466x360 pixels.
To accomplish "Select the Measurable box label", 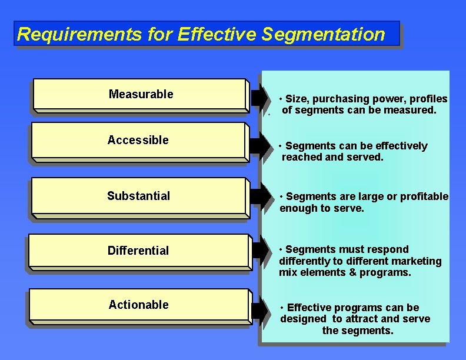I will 141,94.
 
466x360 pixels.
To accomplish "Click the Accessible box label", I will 138,140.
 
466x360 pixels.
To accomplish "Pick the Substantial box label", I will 138,196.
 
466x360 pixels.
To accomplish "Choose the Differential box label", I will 138,251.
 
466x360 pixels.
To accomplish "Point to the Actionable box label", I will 138,305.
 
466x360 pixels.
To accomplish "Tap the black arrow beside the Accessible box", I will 259,145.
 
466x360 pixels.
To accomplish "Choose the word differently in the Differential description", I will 305,261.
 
